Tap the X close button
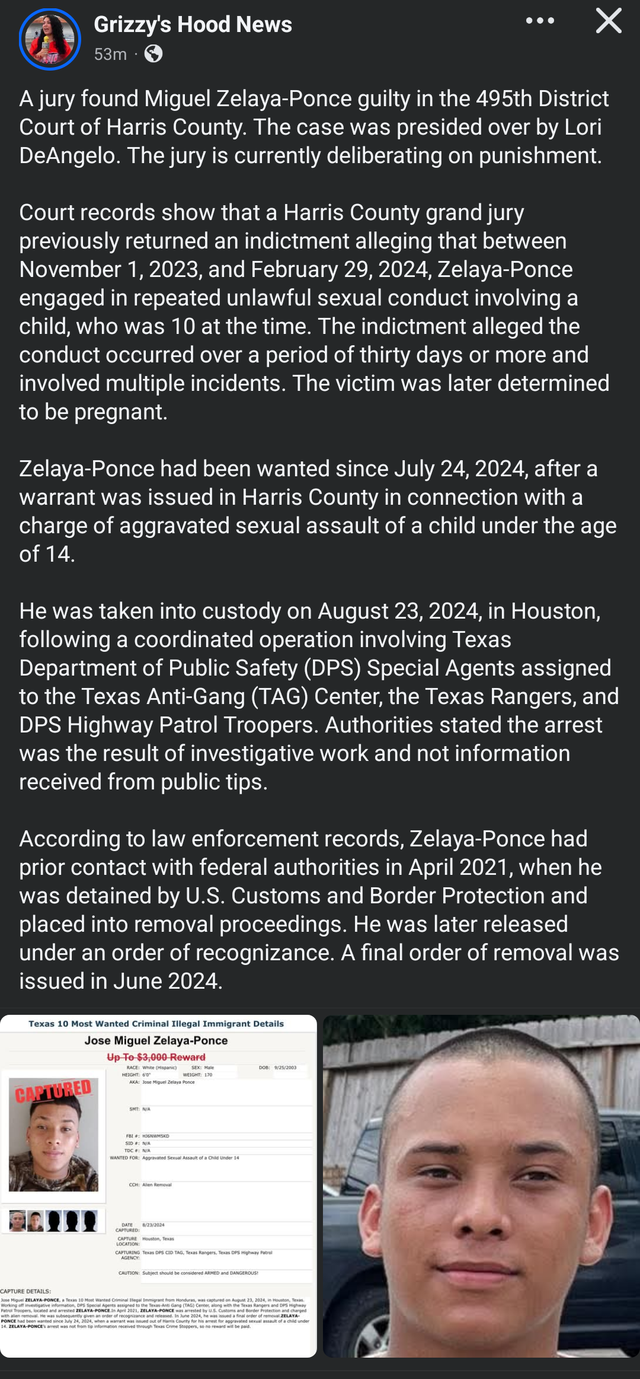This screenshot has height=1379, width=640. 608,21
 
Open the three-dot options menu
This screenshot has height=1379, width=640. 540,21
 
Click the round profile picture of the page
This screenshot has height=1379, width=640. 50,39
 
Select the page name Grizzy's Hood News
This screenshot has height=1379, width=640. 193,25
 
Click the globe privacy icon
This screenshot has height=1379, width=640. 153,54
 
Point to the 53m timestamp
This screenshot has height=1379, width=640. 110,54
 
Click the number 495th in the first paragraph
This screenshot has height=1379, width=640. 504,98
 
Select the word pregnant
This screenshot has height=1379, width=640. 121,412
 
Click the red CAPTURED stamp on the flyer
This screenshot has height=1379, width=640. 53,1091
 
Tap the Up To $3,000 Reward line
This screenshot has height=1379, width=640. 156,1057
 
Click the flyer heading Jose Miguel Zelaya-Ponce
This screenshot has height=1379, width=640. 156,1040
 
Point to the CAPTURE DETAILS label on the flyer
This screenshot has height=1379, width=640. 25,1291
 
